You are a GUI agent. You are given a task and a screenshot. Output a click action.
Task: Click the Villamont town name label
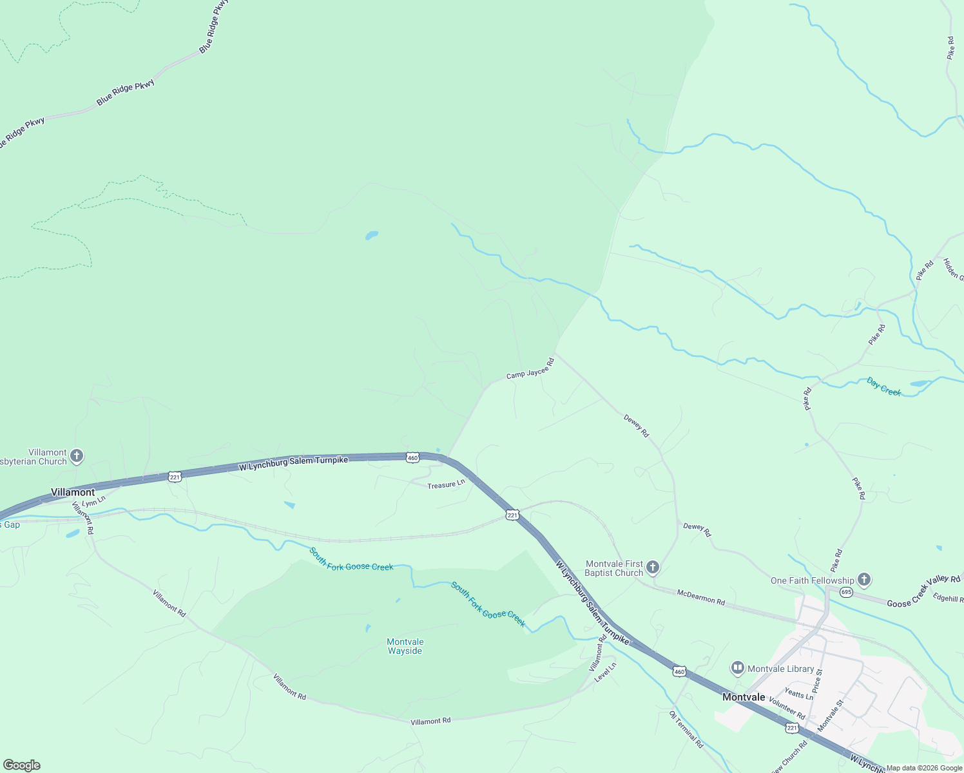pos(73,492)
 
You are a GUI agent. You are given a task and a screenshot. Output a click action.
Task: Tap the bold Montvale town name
pos(744,697)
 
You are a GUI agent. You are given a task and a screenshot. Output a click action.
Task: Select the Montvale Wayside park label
pos(405,646)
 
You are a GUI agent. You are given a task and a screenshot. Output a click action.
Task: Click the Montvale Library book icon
pos(738,669)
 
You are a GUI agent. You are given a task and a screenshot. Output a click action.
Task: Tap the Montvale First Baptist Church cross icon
pos(653,568)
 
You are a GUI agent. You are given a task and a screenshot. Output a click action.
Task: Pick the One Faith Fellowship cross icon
pos(864,580)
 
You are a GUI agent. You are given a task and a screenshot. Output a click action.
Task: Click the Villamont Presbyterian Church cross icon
pos(77,457)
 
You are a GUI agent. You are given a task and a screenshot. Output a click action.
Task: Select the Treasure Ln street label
pos(446,484)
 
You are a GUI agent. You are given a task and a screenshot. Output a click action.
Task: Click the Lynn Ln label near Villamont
pos(93,501)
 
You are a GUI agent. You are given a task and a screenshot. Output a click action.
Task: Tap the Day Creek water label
pos(883,387)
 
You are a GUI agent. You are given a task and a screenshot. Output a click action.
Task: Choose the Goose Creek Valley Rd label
pos(923,591)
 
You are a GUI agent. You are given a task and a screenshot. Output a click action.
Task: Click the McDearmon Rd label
pos(700,597)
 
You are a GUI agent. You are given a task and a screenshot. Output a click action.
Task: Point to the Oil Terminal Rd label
pos(686,729)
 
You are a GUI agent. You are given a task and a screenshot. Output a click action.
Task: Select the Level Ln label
pos(606,673)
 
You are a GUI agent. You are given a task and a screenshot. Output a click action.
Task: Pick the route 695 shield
pos(846,592)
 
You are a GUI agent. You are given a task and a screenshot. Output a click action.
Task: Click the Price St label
pos(817,681)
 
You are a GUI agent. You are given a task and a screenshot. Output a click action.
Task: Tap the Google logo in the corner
pos(21,765)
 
